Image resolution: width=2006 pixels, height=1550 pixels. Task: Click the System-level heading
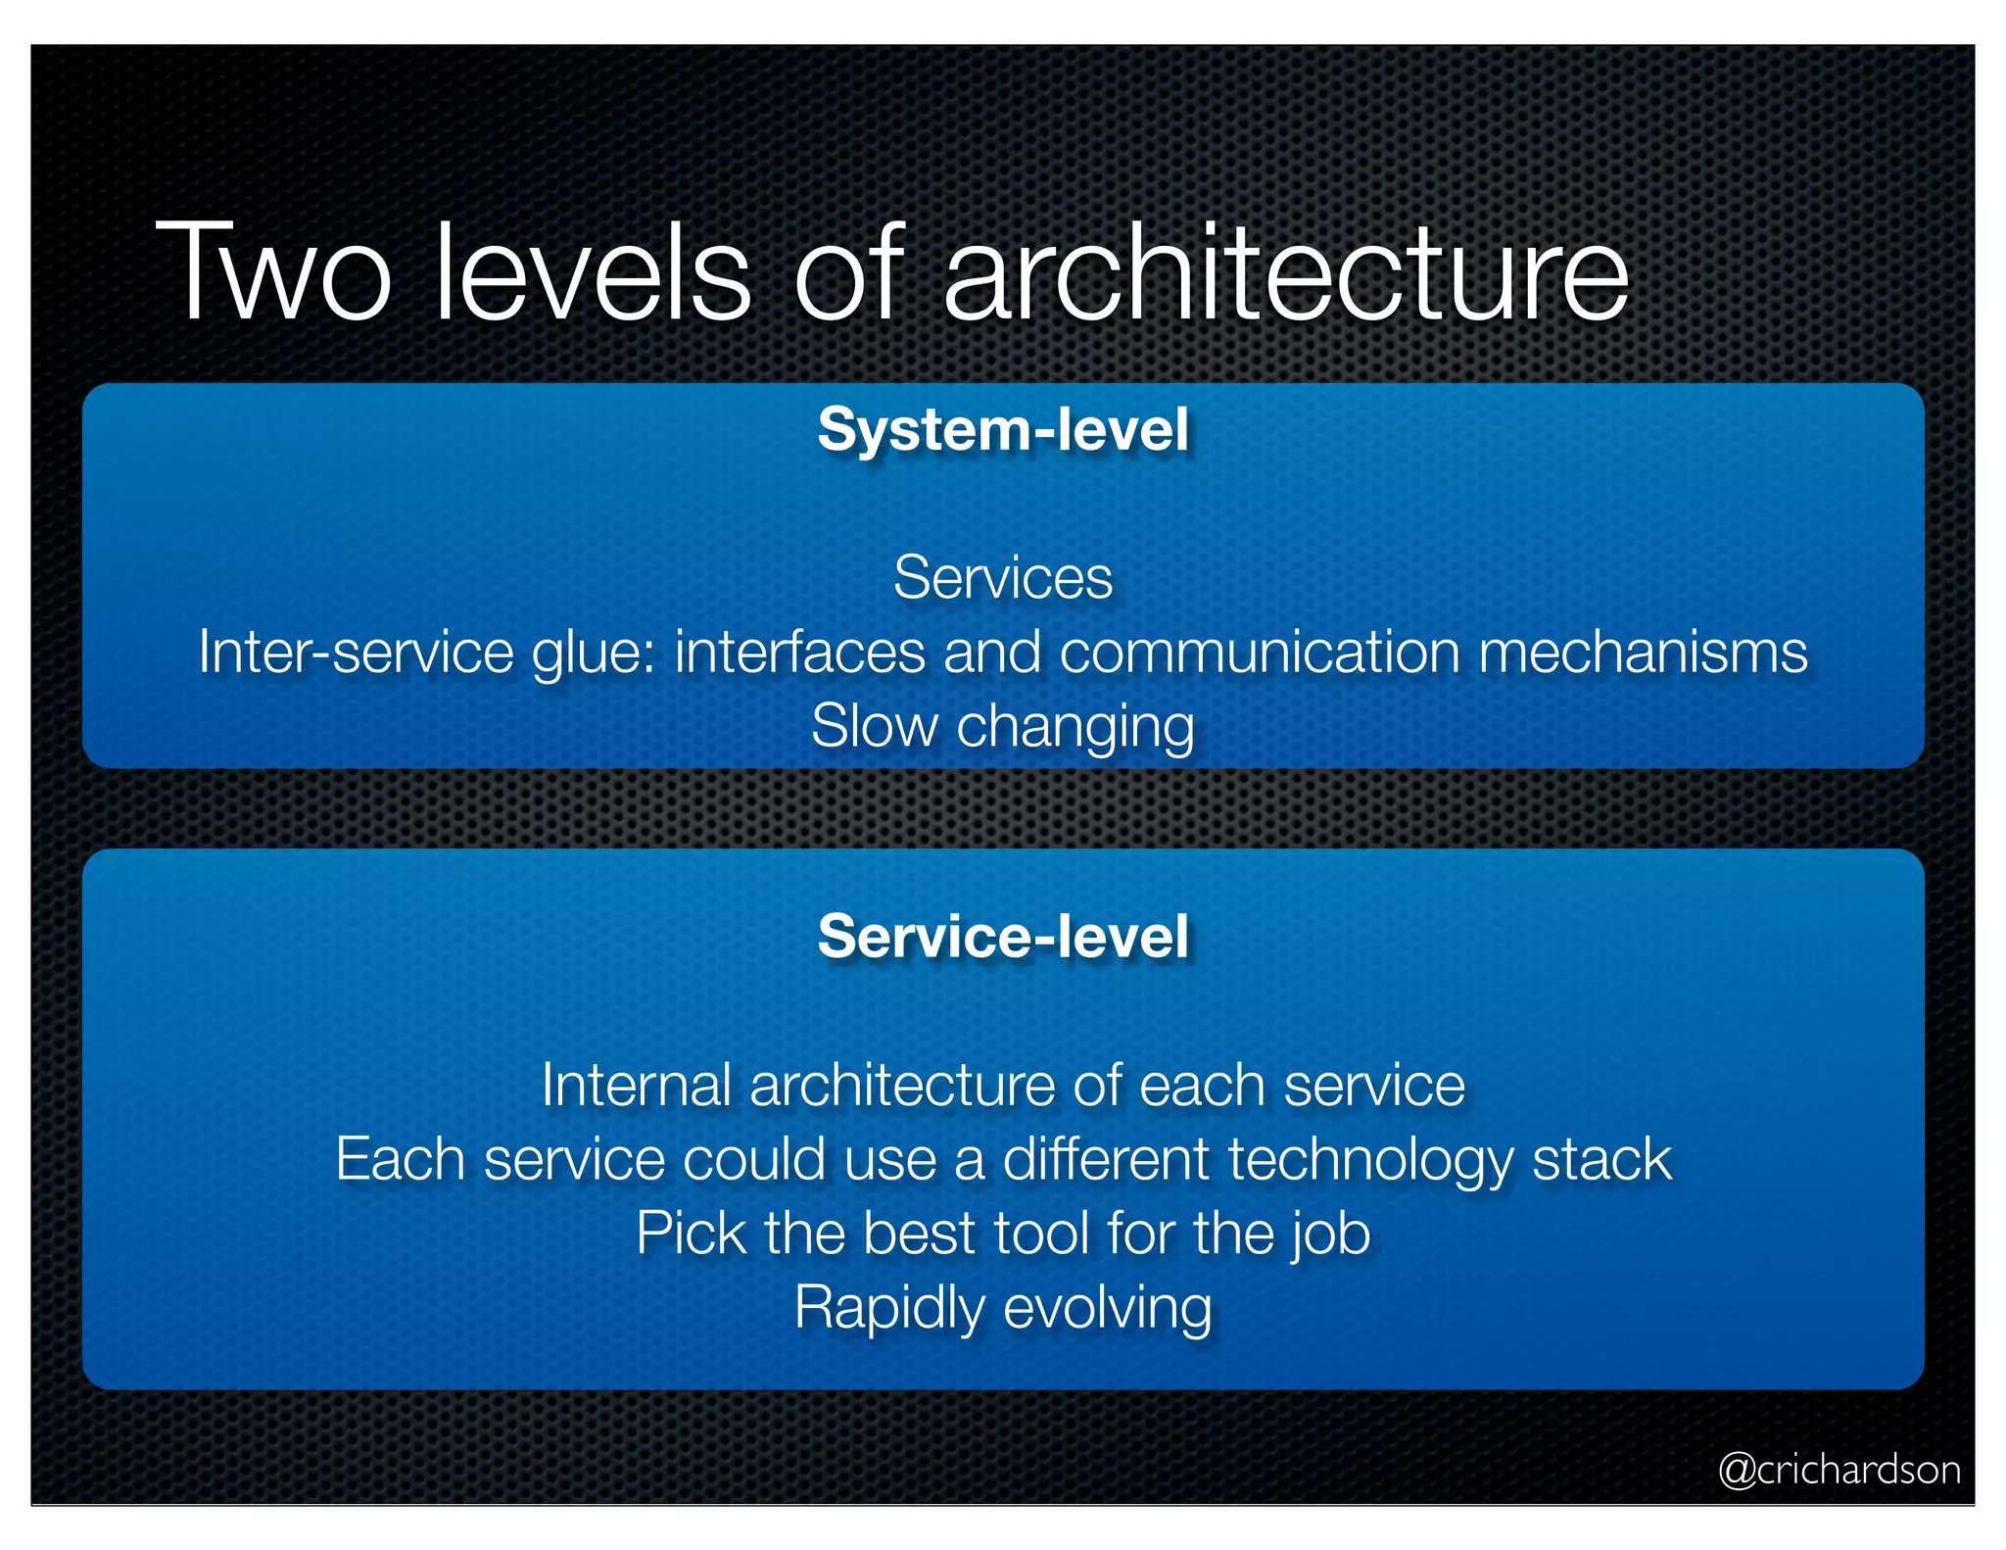(1003, 429)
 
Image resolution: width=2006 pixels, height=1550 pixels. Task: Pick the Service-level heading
(1003, 936)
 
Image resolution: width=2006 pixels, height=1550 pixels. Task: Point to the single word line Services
(1003, 577)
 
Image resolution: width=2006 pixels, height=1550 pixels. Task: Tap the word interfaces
(799, 652)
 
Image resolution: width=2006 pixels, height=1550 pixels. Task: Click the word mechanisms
(1643, 652)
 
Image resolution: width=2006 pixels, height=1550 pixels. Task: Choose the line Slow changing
(1003, 727)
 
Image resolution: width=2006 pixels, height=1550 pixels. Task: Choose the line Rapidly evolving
(1003, 1308)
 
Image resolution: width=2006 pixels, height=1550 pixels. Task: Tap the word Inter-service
(356, 652)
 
